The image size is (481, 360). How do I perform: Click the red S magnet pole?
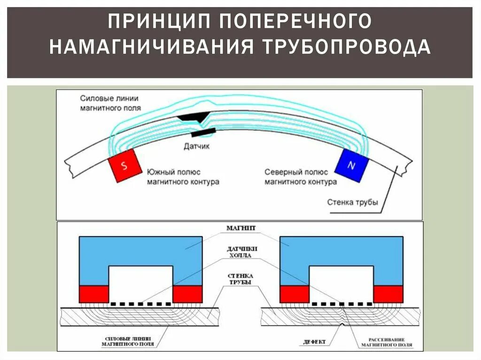point(125,166)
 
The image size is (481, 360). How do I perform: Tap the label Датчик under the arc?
point(197,146)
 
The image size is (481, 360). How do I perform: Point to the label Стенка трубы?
point(352,202)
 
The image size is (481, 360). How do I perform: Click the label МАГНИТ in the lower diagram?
point(241,227)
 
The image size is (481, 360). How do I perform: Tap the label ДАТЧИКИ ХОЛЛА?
point(241,252)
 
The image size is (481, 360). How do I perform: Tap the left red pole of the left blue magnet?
point(93,294)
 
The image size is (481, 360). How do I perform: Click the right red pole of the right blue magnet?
point(388,294)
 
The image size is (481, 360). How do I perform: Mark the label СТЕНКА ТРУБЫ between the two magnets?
point(241,279)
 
